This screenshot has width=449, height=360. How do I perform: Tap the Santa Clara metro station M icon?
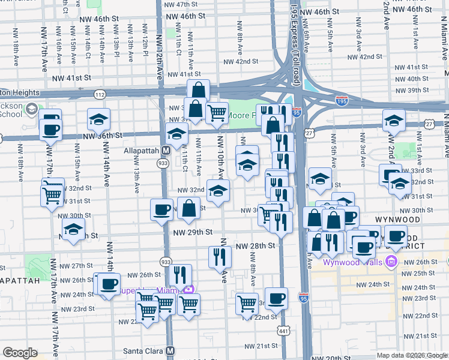(170, 350)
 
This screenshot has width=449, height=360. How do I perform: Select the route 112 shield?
(100, 94)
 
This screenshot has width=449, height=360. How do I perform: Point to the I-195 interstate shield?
(342, 102)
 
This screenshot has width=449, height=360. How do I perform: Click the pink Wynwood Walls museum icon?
(392, 262)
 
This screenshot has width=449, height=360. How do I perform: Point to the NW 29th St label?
(193, 232)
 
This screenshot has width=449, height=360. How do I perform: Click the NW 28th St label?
(256, 246)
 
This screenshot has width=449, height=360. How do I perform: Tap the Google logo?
(20, 353)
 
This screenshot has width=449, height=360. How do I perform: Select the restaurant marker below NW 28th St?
(220, 256)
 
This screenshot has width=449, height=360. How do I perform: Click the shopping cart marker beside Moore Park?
(217, 112)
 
